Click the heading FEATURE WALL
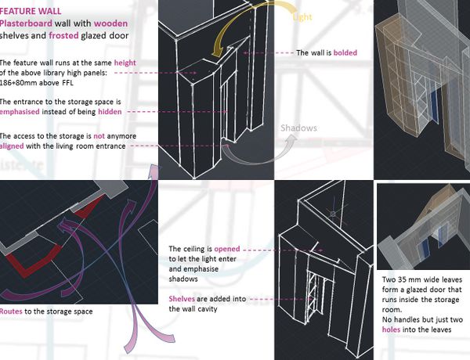(x=31, y=12)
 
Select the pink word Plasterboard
(x=26, y=23)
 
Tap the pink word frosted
(x=63, y=36)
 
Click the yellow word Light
(x=302, y=17)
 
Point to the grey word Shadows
(x=298, y=128)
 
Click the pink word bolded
(x=345, y=52)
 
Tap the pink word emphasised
(x=20, y=112)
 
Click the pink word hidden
(x=110, y=112)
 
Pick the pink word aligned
(x=12, y=146)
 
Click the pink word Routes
(x=11, y=311)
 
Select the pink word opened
(x=227, y=249)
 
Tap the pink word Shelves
(x=182, y=299)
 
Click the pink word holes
(x=391, y=329)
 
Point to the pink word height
(x=125, y=63)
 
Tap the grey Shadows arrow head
(x=291, y=139)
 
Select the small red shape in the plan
(x=89, y=207)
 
